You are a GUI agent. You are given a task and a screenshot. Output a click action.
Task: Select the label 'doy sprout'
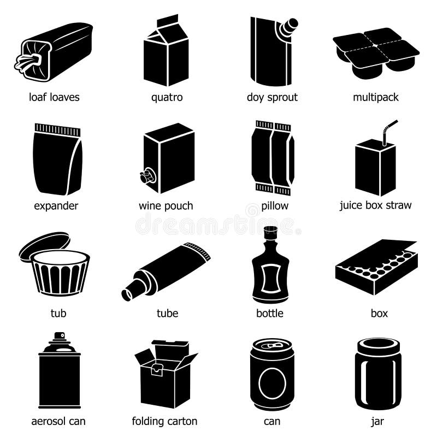tap(272, 98)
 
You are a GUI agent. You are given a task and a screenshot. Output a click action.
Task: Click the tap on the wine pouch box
tap(146, 176)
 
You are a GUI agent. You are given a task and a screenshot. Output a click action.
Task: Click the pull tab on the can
tap(272, 346)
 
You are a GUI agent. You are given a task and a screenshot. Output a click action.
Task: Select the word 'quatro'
tap(167, 98)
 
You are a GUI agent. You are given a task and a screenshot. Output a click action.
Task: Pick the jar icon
tap(377, 374)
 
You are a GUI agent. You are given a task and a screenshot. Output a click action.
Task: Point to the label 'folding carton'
tap(164, 421)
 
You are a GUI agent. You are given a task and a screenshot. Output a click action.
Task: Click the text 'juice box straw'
tap(375, 205)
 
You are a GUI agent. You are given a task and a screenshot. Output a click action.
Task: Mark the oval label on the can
tap(272, 382)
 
